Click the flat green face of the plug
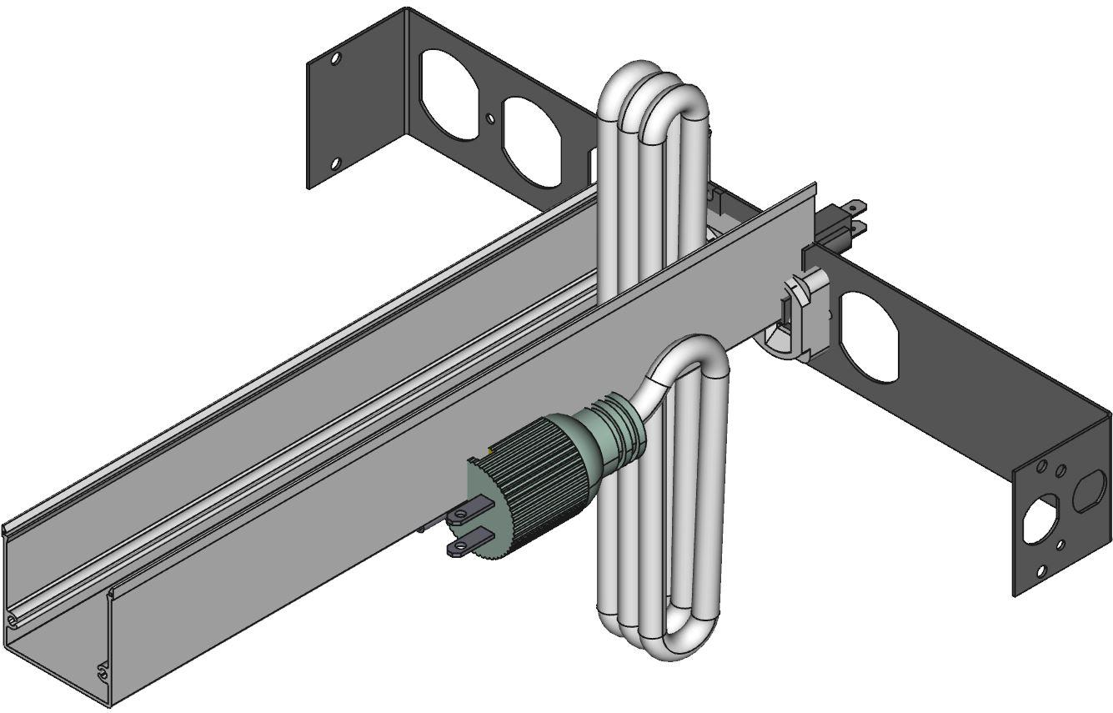483,509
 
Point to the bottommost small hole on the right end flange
1040,571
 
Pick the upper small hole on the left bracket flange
336,59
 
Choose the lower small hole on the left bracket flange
335,163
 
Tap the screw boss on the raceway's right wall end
103,669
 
